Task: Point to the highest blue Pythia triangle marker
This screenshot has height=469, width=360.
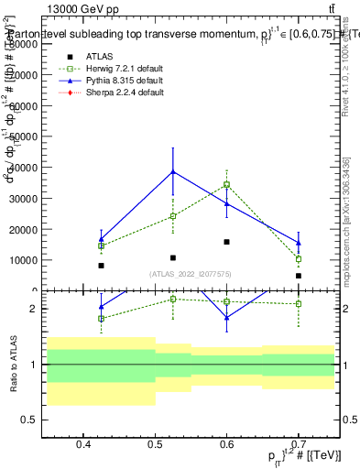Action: point(173,171)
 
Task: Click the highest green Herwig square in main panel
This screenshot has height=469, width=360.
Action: point(226,184)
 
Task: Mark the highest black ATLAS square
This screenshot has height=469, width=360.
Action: point(226,242)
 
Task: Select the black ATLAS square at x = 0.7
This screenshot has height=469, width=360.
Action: point(299,276)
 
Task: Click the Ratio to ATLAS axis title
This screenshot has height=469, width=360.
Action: point(12,364)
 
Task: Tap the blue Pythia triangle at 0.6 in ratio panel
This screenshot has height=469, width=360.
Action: point(226,318)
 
